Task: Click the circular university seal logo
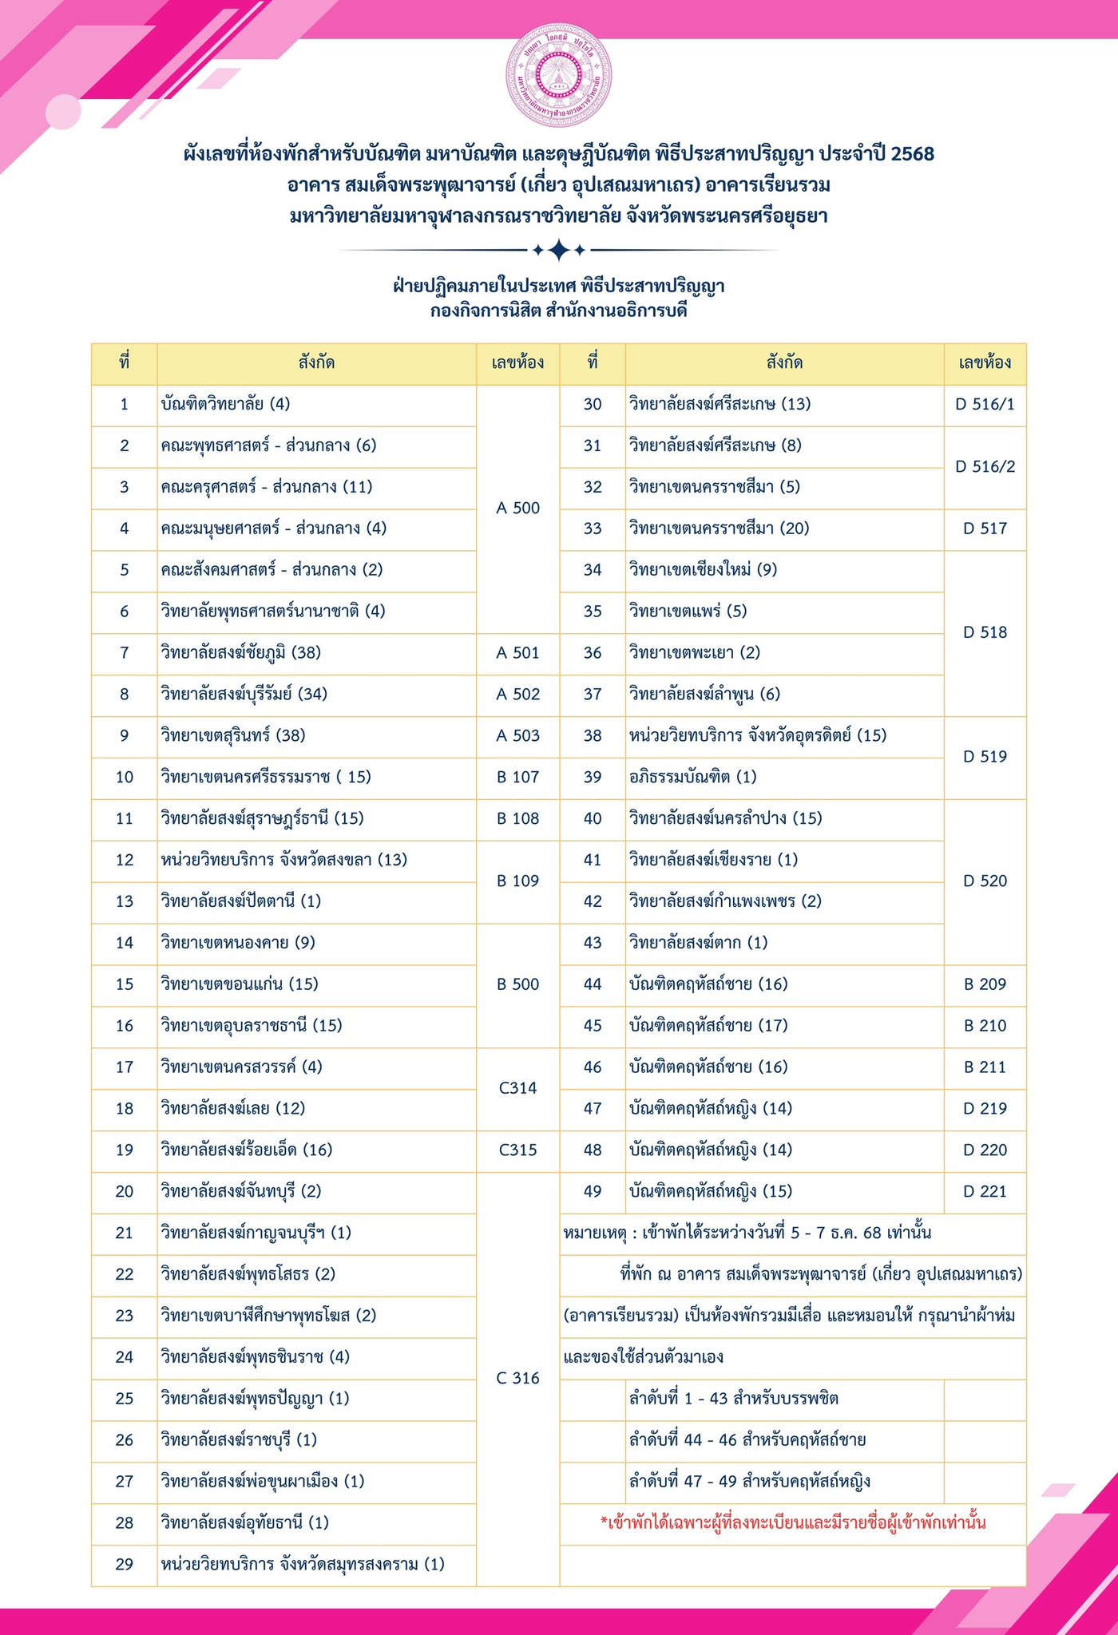click(559, 75)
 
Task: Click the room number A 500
click(517, 509)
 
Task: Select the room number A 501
click(517, 653)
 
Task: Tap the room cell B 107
click(517, 777)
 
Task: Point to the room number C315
click(517, 1150)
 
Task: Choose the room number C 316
click(517, 1378)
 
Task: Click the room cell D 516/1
click(985, 404)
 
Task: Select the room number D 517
click(985, 529)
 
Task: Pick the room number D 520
click(985, 881)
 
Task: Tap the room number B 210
click(985, 1026)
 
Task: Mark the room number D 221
click(985, 1192)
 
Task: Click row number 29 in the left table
click(125, 1565)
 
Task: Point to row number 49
click(593, 1192)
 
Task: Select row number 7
click(125, 653)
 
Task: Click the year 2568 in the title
click(912, 153)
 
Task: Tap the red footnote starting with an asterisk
click(792, 1523)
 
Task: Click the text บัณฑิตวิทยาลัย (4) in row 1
click(225, 404)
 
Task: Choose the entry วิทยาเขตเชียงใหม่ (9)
click(703, 570)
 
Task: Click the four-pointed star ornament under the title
click(559, 251)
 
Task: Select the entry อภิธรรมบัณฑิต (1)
click(692, 777)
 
